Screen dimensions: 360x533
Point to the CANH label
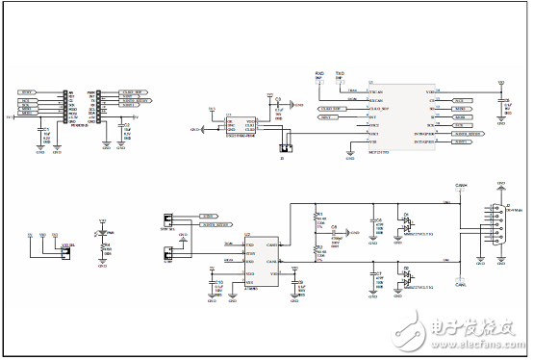click(x=461, y=185)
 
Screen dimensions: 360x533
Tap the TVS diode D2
click(x=406, y=273)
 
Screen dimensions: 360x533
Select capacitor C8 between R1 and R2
click(x=333, y=233)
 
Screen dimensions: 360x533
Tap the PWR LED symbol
click(x=103, y=234)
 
